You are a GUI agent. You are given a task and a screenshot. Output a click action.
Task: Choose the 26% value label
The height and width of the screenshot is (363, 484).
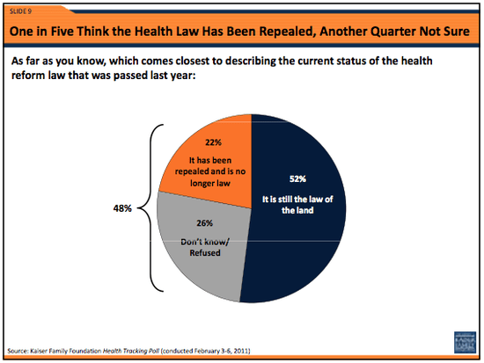coord(205,222)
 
